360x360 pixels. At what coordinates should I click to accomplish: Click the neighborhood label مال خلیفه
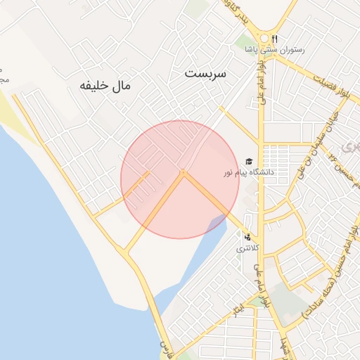point(105,86)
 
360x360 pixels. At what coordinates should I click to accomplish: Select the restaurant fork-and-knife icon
point(275,39)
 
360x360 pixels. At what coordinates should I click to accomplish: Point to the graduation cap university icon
point(249,162)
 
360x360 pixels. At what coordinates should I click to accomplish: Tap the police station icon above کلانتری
point(247,236)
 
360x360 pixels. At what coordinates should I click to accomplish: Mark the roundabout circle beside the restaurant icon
point(264,38)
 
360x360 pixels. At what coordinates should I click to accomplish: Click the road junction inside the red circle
point(183,172)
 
